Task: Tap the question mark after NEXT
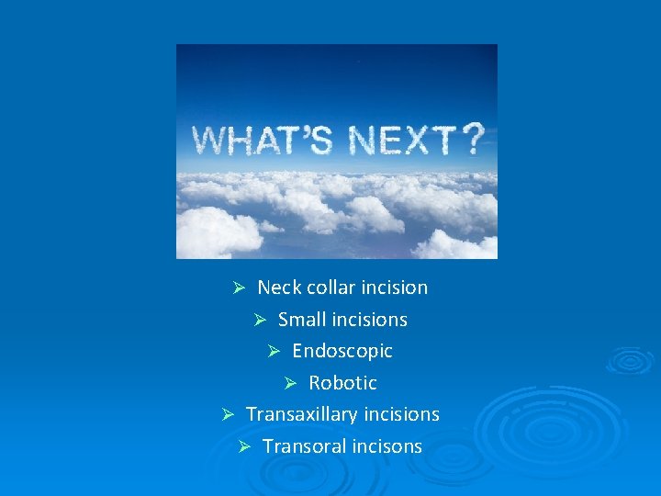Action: click(472, 140)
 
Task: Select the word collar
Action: click(330, 287)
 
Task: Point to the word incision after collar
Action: click(394, 287)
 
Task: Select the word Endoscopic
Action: click(342, 351)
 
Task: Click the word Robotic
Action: click(342, 383)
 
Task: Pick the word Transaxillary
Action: click(301, 414)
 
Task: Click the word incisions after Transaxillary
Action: click(401, 414)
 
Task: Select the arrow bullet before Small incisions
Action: click(259, 320)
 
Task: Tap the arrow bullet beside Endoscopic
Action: click(273, 351)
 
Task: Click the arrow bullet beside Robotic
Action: click(289, 383)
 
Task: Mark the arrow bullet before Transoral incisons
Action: click(243, 446)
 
